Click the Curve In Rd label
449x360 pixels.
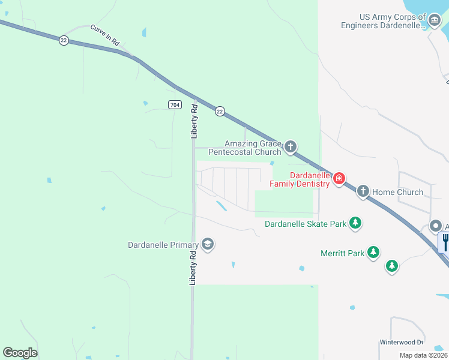(x=106, y=32)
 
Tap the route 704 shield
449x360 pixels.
(x=174, y=105)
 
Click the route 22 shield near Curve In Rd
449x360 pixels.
(x=64, y=40)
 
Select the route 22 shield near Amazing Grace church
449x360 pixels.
(x=220, y=111)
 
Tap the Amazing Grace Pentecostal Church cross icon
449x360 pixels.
(x=291, y=147)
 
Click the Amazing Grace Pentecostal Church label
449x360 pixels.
(x=252, y=148)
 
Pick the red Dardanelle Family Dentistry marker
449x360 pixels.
(x=339, y=178)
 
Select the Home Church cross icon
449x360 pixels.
(x=363, y=192)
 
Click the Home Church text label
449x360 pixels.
(x=398, y=193)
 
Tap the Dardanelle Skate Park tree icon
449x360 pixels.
(x=356, y=223)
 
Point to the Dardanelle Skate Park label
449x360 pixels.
(x=306, y=224)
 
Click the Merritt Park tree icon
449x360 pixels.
(x=373, y=253)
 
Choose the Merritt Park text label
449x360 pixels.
(x=342, y=253)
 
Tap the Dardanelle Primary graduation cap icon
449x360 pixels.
(x=208, y=244)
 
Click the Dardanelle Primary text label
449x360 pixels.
(x=163, y=245)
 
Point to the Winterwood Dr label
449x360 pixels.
(x=401, y=342)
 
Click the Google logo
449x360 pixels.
(x=20, y=353)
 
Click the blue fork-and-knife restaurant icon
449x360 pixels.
(x=445, y=242)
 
